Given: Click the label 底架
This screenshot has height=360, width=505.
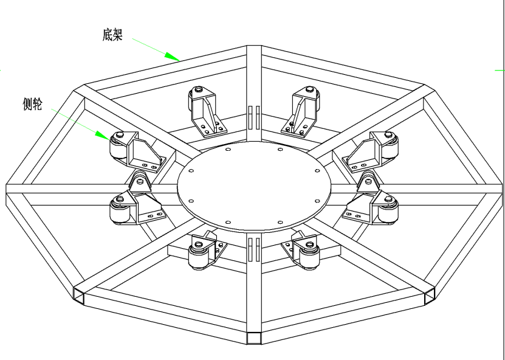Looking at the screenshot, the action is pos(112,35).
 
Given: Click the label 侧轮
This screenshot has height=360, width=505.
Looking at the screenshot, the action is pos(32,104).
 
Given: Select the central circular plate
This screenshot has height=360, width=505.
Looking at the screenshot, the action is pos(254,186).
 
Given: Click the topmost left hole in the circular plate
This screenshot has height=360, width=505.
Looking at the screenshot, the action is pos(228,149).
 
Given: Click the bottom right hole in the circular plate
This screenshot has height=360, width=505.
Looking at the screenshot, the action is pos(280,223).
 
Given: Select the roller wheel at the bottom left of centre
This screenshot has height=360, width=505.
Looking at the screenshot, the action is pos(198,255).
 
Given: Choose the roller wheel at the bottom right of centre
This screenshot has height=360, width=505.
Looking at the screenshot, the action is pos(309,255).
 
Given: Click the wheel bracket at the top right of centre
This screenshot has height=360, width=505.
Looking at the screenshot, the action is pos(301,111).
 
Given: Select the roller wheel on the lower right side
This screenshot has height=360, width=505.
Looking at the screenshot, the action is pos(388,209).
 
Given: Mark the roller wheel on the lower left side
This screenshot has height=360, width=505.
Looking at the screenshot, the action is pos(120,210).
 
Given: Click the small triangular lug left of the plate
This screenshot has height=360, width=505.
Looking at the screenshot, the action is pos(140,182).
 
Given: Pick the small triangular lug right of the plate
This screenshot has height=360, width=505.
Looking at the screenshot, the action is pos(368,182).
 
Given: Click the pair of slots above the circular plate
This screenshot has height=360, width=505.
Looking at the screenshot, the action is pos(254,118).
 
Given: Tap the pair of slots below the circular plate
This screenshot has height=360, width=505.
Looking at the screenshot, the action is pos(254,249).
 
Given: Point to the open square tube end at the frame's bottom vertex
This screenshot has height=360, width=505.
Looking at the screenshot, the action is pos(254,338).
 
